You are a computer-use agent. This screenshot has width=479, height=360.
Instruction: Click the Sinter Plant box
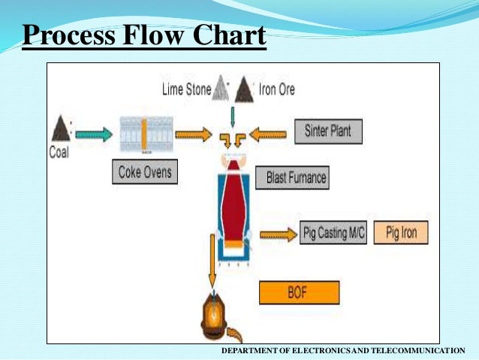point(327,132)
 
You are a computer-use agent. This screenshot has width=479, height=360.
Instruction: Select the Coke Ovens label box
point(145,172)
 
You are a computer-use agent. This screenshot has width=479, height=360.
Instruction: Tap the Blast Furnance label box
point(297,179)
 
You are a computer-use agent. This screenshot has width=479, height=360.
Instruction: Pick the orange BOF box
point(299,292)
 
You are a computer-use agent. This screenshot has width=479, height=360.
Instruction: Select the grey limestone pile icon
point(220,89)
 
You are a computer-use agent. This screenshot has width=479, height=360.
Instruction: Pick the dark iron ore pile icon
point(243,89)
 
